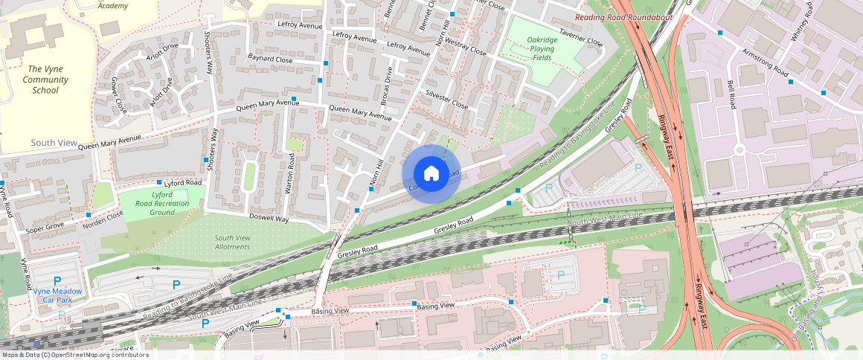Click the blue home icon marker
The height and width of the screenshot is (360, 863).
pyautogui.click(x=431, y=174)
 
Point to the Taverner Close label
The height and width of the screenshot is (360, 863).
pyautogui.click(x=580, y=38)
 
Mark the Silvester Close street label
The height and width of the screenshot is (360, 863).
pyautogui.click(x=446, y=100)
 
